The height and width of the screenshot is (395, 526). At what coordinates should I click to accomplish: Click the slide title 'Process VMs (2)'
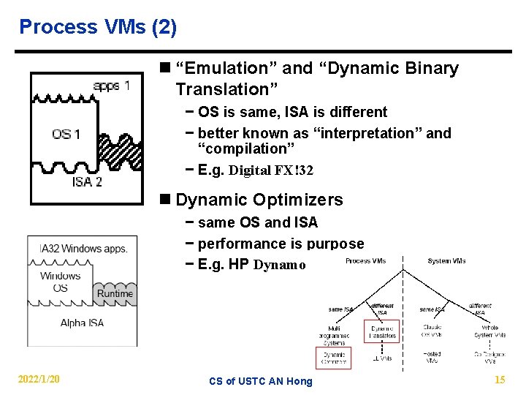point(98,27)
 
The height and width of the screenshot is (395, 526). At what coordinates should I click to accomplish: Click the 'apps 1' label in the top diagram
point(112,86)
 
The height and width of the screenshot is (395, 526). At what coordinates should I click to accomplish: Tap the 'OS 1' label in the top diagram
point(66,134)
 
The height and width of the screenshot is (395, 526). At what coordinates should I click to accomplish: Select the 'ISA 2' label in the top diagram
point(87,181)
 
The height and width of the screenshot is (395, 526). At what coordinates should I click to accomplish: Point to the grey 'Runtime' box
point(115,293)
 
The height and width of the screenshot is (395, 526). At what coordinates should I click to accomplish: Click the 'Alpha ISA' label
point(82,323)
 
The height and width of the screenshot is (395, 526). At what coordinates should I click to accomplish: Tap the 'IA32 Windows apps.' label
point(83,249)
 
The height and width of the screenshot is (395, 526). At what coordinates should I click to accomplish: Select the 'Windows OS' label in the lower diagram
point(61,282)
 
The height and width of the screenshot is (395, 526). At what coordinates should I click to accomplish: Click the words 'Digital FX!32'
point(271,170)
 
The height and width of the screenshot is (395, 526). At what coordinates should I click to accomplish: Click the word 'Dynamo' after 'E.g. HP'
point(280,265)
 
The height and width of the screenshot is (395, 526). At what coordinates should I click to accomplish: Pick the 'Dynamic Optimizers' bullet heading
point(259,200)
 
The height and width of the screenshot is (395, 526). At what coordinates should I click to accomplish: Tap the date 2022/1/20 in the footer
point(39,379)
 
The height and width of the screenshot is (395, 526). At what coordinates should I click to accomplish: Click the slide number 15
point(500,380)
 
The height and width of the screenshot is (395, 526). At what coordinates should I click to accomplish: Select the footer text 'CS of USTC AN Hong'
point(260,380)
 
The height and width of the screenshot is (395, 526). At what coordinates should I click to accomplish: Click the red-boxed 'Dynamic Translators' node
point(381,331)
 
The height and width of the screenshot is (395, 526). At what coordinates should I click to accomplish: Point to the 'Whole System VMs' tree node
point(489,331)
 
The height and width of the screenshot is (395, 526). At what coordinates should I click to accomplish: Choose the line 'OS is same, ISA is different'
point(292,112)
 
